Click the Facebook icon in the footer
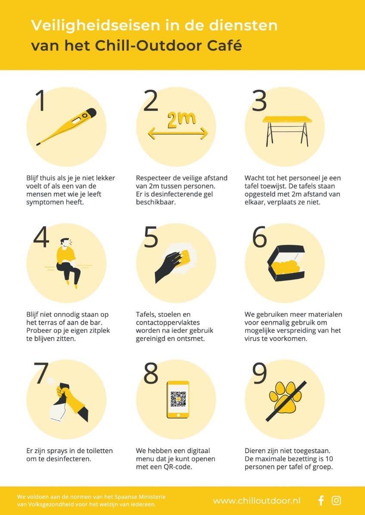click(321, 500)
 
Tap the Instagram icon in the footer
click(336, 500)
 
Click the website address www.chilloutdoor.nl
click(257, 501)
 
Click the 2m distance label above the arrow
click(181, 120)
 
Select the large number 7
click(42, 373)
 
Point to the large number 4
click(41, 238)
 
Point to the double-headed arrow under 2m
click(178, 133)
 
